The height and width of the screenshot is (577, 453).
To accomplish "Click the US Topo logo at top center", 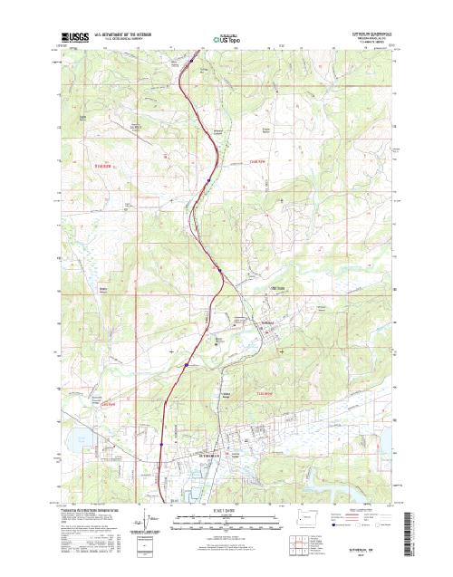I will (x=227, y=39).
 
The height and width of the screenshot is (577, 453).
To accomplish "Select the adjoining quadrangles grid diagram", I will (x=326, y=545).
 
